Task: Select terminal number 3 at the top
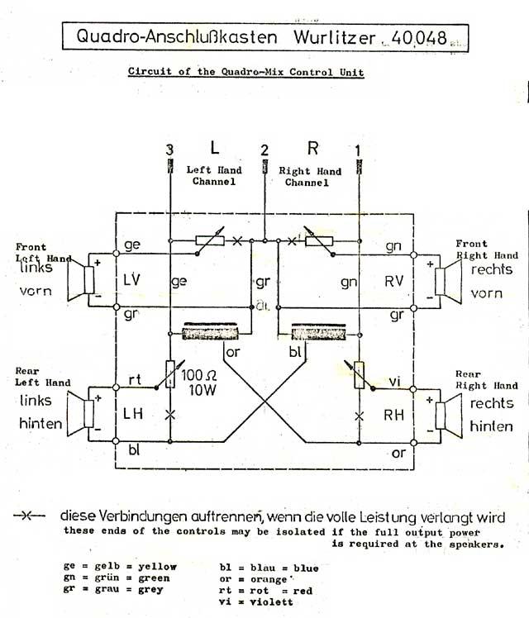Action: pyautogui.click(x=169, y=150)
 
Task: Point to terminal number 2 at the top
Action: pyautogui.click(x=264, y=150)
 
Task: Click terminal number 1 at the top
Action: pyautogui.click(x=358, y=150)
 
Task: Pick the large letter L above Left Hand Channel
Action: pyautogui.click(x=214, y=149)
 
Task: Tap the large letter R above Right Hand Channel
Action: pyautogui.click(x=312, y=149)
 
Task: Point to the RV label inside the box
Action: pyautogui.click(x=393, y=282)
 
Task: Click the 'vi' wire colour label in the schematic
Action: pyautogui.click(x=393, y=382)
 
